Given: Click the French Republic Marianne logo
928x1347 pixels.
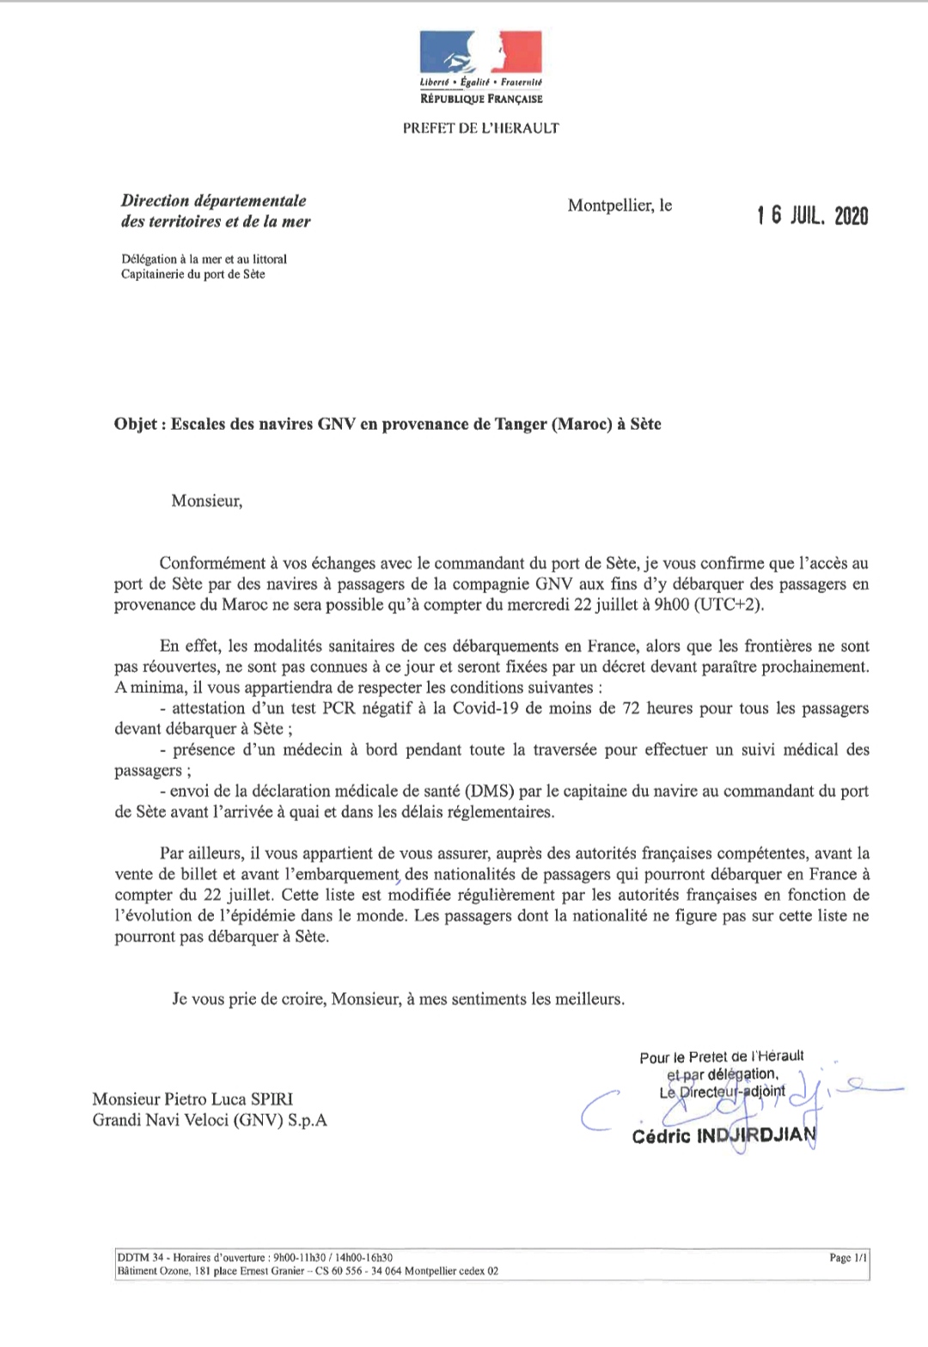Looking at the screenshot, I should pyautogui.click(x=480, y=52).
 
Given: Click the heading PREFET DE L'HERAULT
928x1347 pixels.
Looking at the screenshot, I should pyautogui.click(x=480, y=128).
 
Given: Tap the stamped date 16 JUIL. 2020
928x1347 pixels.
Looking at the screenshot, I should pyautogui.click(x=812, y=216).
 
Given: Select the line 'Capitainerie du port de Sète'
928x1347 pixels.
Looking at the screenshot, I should pyautogui.click(x=192, y=275).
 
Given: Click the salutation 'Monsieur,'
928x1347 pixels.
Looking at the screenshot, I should pyautogui.click(x=207, y=501).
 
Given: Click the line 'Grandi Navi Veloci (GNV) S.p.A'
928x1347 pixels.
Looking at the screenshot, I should pyautogui.click(x=210, y=1120).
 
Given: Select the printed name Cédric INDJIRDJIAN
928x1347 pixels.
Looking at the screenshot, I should pyautogui.click(x=723, y=1136).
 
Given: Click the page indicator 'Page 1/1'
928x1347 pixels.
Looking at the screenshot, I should pyautogui.click(x=848, y=1258).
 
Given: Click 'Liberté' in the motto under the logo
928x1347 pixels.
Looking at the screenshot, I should pyautogui.click(x=434, y=83).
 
